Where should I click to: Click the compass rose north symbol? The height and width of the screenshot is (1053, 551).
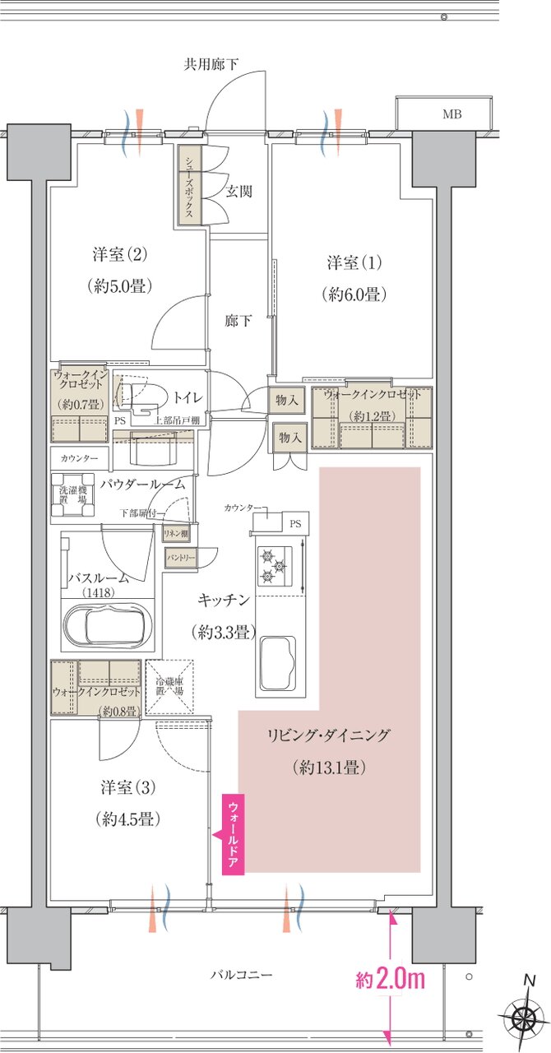(524, 1018)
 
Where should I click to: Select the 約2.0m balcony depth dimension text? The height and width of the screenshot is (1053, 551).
(390, 981)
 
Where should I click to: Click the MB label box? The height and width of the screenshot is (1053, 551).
(451, 114)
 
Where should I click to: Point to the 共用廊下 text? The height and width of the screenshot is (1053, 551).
(211, 64)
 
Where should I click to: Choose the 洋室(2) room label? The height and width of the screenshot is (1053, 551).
(120, 255)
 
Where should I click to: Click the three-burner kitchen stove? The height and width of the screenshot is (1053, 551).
(275, 566)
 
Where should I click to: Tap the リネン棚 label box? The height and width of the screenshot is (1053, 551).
(176, 533)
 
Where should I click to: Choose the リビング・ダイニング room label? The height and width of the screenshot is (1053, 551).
(329, 735)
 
